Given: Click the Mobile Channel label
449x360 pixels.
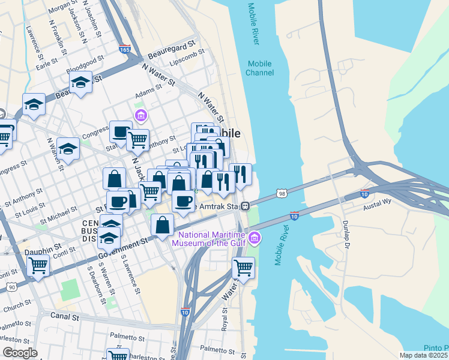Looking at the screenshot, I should pos(259,68).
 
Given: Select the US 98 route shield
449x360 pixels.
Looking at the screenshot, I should pos(282,193).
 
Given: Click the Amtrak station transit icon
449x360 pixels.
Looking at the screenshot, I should pos(246,206).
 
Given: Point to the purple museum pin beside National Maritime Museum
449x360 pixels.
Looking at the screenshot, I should pos(255,239).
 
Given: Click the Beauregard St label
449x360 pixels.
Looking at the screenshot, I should pos(174,44).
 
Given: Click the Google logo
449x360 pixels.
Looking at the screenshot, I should pos(20,352).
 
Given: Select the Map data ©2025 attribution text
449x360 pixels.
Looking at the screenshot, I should pos(423,355).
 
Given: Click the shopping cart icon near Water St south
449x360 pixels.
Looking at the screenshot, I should pos(243,268).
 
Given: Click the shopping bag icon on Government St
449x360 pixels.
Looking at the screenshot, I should pos(163,226).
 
